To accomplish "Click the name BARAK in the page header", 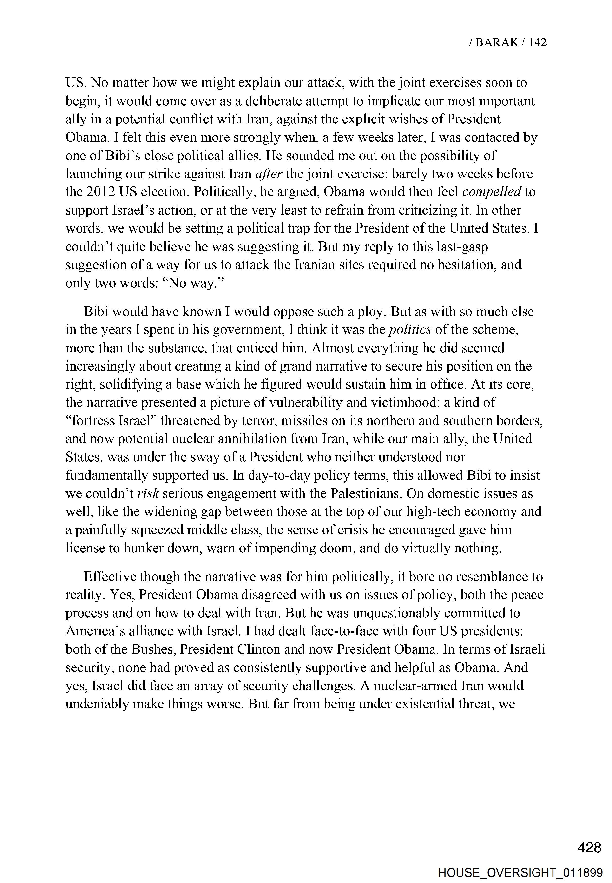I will pyautogui.click(x=497, y=42).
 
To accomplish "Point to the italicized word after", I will pyautogui.click(x=269, y=174).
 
